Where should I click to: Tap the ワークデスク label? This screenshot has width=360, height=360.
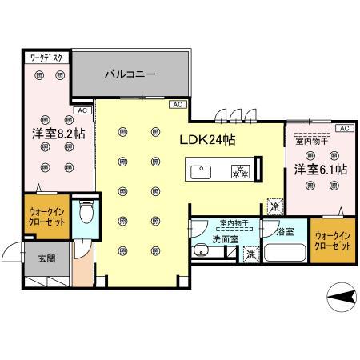[46, 58]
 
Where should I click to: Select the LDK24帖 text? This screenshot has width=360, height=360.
[206, 138]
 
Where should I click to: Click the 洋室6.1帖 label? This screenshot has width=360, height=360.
[319, 169]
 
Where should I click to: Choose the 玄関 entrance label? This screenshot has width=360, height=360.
[46, 258]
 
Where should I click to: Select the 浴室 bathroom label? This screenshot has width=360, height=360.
[284, 232]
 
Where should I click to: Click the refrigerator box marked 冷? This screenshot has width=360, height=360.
[275, 204]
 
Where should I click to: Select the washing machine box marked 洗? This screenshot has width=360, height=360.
[250, 254]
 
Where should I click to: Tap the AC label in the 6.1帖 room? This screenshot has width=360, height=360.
[344, 128]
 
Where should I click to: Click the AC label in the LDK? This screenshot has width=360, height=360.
[175, 104]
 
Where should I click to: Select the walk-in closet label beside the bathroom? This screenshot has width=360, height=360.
[333, 241]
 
